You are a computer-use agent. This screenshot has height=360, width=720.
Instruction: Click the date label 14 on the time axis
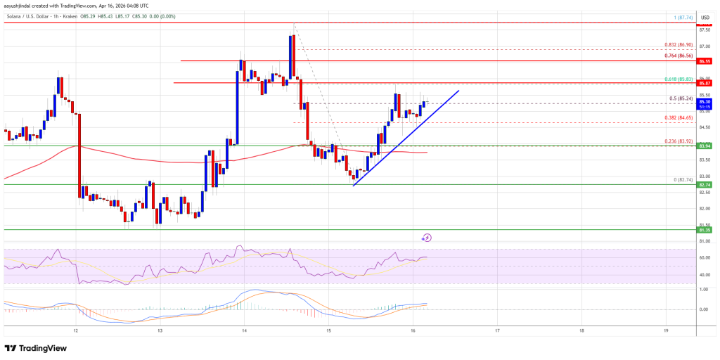point(244,329)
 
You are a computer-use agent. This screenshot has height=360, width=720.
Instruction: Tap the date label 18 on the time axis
point(581,329)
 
